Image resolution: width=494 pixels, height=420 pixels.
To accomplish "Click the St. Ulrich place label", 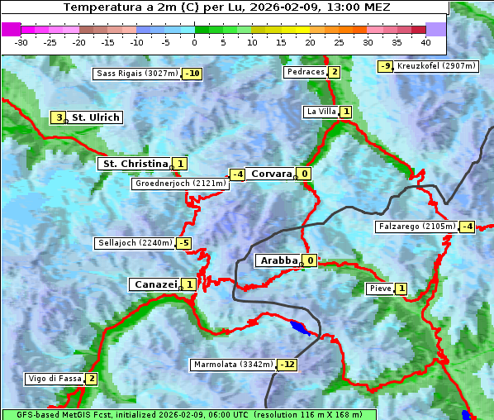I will (95, 117).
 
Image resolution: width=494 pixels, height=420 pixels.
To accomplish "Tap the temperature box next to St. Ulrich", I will (58, 117).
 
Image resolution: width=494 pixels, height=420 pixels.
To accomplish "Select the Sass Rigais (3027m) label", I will (136, 74).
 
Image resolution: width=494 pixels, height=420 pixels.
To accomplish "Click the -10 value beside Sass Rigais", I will (192, 74).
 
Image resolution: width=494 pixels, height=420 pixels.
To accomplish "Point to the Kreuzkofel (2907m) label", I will (435, 66).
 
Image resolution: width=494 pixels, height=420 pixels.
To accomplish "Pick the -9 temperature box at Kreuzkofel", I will (385, 66).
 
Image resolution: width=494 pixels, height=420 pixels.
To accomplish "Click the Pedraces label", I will (305, 72).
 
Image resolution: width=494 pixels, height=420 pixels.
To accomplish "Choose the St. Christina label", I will (134, 164).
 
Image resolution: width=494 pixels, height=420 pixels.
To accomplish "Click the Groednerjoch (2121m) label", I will (180, 184).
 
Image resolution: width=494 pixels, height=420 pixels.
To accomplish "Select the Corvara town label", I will (271, 174).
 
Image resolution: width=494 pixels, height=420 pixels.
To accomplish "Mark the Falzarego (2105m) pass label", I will (416, 227).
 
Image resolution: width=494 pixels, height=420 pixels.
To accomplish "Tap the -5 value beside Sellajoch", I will (183, 243).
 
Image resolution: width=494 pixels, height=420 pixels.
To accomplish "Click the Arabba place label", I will (278, 260).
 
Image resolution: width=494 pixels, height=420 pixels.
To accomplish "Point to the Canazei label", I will (154, 284).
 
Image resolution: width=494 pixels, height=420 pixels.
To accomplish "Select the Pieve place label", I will (380, 289).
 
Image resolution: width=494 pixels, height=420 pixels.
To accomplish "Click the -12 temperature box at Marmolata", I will (287, 365).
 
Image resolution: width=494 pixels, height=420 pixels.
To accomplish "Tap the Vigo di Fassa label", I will (55, 379).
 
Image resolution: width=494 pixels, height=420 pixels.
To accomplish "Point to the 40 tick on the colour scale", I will (425, 41).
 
